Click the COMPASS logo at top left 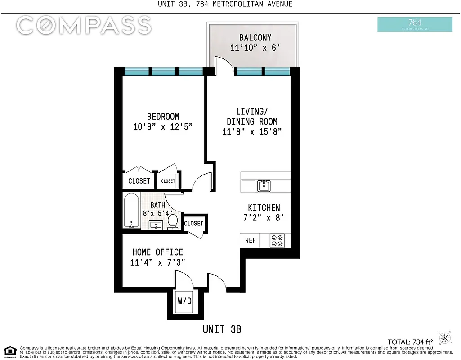pyautogui.click(x=84, y=25)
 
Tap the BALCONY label pyautogui.click(x=255, y=37)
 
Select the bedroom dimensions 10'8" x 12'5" pyautogui.click(x=163, y=126)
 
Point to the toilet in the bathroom pyautogui.click(x=173, y=222)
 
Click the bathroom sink pyautogui.click(x=157, y=225)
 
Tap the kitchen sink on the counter pyautogui.click(x=264, y=186)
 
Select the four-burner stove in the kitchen pyautogui.click(x=277, y=241)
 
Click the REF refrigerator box pyautogui.click(x=251, y=240)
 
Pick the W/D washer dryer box pyautogui.click(x=184, y=301)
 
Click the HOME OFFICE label pyautogui.click(x=157, y=252)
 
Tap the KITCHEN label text pyautogui.click(x=264, y=207)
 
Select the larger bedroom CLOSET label pyautogui.click(x=139, y=181)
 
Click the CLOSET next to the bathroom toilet pyautogui.click(x=194, y=223)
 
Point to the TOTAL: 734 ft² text pyautogui.click(x=410, y=342)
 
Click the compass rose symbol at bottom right pyautogui.click(x=445, y=337)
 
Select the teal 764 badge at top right pyautogui.click(x=415, y=24)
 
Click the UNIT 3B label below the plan pyautogui.click(x=222, y=329)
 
